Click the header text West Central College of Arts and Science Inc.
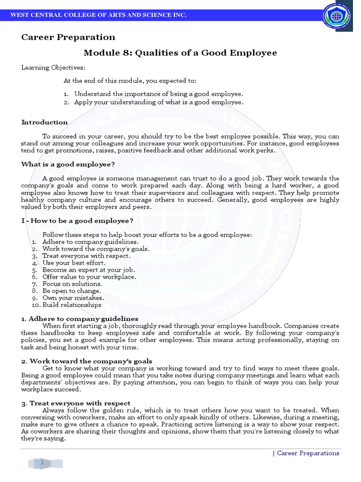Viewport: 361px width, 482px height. coord(98,16)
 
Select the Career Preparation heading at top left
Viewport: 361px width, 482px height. coord(68,37)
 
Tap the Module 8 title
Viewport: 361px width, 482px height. coord(180,53)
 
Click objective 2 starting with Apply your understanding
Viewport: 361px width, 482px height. coord(158,102)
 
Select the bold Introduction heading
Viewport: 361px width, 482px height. coord(45,122)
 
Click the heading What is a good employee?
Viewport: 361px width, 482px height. coord(68,164)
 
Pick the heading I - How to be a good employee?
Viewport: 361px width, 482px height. coord(77,221)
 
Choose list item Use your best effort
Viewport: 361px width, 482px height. coord(74,263)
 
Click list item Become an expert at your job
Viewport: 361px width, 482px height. coord(88,270)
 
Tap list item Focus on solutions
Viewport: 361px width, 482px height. coord(72,284)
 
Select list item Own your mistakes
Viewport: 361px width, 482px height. coord(73,298)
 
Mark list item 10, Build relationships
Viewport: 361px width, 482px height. coord(71,305)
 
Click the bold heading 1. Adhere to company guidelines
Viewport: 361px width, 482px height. coord(79,319)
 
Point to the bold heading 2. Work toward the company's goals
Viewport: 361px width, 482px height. coord(86,361)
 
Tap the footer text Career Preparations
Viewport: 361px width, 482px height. coord(307,453)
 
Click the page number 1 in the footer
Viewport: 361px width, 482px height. coord(42,463)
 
